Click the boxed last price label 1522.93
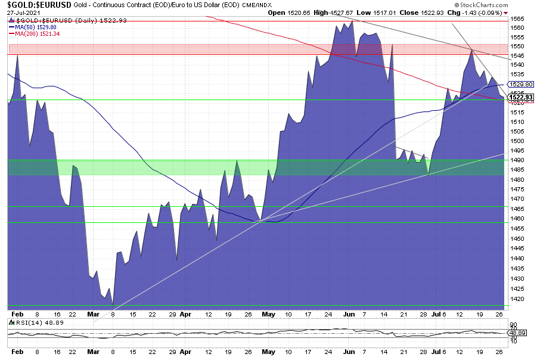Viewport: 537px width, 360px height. coord(520,97)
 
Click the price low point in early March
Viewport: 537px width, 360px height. coord(113,305)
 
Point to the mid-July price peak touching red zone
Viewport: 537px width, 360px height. coord(471,49)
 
